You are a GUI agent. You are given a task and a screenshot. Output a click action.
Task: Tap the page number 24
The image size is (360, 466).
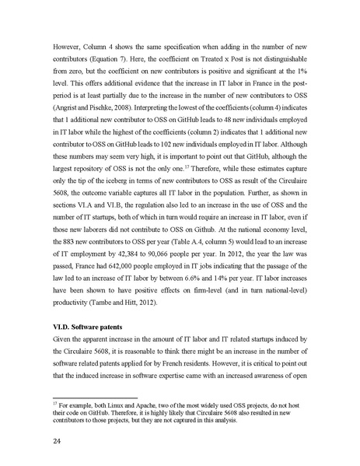[x=51, y=443]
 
